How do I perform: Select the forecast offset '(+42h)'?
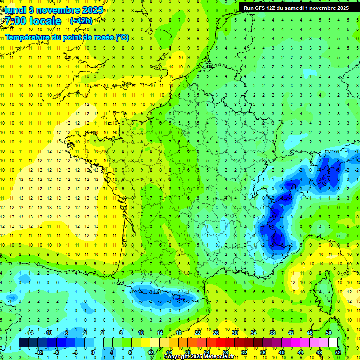click(81, 21)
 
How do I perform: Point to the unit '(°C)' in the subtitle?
click(122, 37)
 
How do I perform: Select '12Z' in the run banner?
click(275, 8)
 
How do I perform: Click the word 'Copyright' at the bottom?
click(179, 357)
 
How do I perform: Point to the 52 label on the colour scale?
click(338, 352)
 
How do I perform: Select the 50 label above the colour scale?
click(328, 333)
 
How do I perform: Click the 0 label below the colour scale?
click(93, 352)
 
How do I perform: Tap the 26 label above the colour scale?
click(216, 333)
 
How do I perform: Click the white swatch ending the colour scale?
click(333, 343)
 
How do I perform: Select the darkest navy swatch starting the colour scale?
click(23, 343)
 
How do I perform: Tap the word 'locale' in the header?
click(44, 21)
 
